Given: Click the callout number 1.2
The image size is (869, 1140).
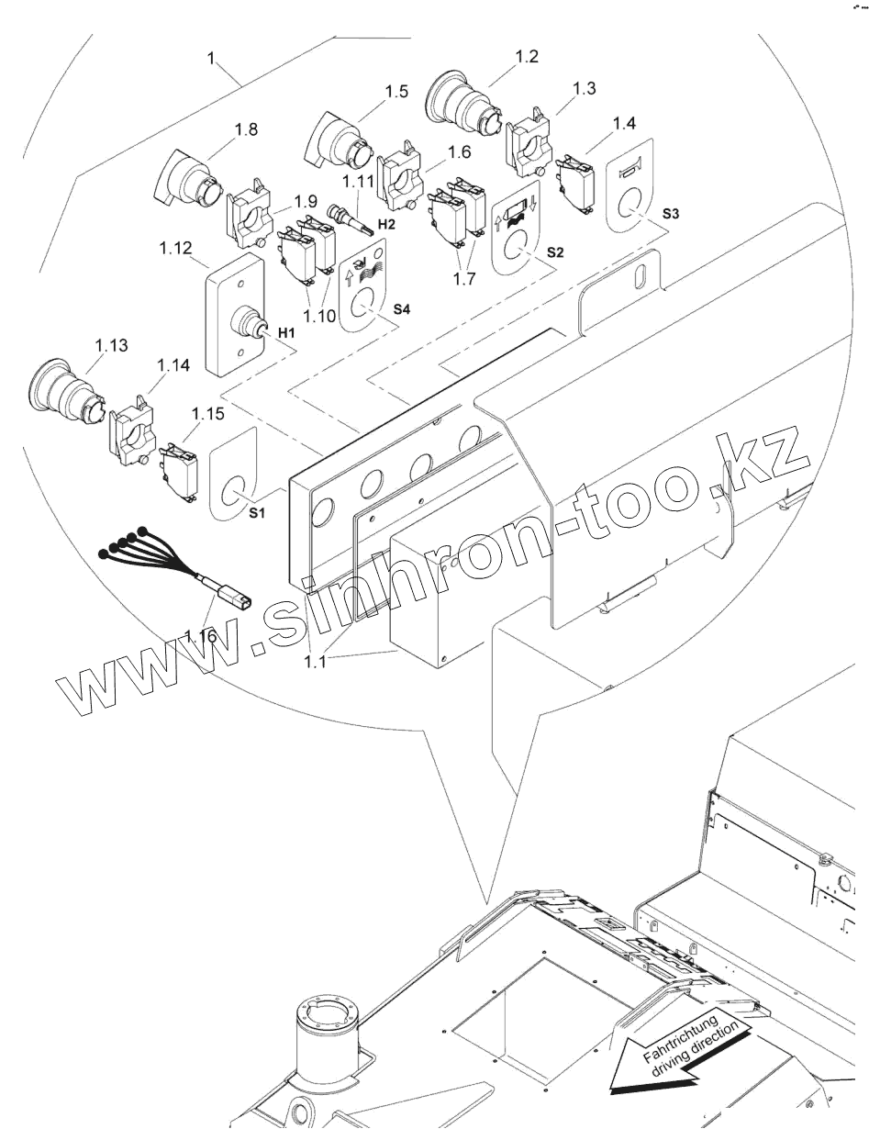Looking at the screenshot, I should click(x=526, y=56).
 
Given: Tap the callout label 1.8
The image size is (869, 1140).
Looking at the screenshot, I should click(x=245, y=129).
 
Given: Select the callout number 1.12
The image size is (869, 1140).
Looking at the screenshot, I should click(x=175, y=247).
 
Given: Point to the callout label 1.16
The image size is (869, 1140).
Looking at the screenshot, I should click(x=199, y=635).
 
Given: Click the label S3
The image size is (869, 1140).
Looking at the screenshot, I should click(x=671, y=214).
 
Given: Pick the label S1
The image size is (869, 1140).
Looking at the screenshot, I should click(x=259, y=513).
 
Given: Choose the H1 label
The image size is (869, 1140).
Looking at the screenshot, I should click(x=286, y=331).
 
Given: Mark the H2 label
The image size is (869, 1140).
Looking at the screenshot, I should click(x=385, y=224).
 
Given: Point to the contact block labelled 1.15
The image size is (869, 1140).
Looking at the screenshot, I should click(x=183, y=470).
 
